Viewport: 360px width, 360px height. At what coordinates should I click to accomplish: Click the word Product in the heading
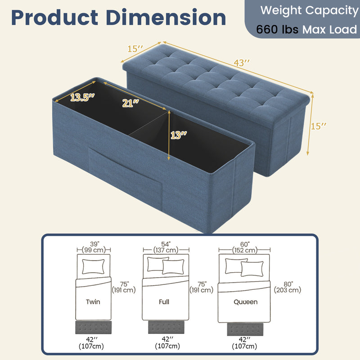tap(54, 18)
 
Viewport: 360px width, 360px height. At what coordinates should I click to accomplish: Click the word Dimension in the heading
tap(166, 18)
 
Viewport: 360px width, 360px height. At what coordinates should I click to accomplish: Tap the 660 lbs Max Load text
tap(306, 29)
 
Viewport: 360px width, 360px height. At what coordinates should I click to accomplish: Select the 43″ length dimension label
tap(242, 63)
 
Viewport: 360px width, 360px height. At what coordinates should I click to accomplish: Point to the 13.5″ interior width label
tap(82, 97)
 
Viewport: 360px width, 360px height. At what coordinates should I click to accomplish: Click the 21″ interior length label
tap(130, 103)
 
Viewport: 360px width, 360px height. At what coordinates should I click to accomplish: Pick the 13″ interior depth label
tap(179, 135)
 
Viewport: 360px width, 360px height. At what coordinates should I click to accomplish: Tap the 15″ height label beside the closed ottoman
tap(319, 126)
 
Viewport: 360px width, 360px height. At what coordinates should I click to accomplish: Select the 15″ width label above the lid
tap(135, 49)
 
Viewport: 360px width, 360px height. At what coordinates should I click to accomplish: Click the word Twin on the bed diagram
tap(93, 301)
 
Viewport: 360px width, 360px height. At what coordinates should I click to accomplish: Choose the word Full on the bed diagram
tap(164, 301)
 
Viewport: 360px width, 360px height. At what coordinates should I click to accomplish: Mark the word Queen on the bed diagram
tap(245, 301)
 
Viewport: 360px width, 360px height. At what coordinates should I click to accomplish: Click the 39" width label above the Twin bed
tap(94, 244)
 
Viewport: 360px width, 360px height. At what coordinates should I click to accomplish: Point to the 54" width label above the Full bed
tap(166, 244)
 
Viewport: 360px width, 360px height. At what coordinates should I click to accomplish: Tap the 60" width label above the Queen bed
tap(245, 244)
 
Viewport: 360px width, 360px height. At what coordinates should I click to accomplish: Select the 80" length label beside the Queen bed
tap(288, 284)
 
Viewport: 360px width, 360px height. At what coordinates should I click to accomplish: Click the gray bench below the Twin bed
tap(94, 328)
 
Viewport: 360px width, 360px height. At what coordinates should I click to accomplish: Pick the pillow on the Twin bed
tap(93, 266)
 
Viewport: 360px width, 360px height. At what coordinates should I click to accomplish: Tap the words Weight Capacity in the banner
tap(309, 10)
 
